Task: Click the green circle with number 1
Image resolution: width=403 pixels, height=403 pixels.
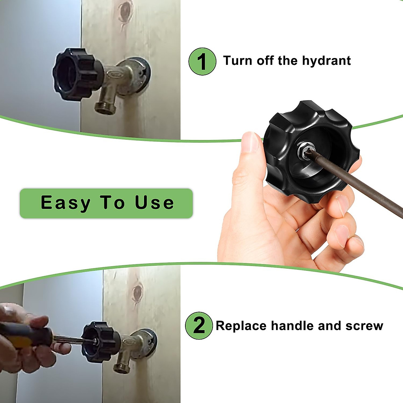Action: [202, 61]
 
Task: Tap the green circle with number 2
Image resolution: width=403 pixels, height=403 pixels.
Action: [199, 325]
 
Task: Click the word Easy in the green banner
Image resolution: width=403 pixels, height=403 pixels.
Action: [65, 203]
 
